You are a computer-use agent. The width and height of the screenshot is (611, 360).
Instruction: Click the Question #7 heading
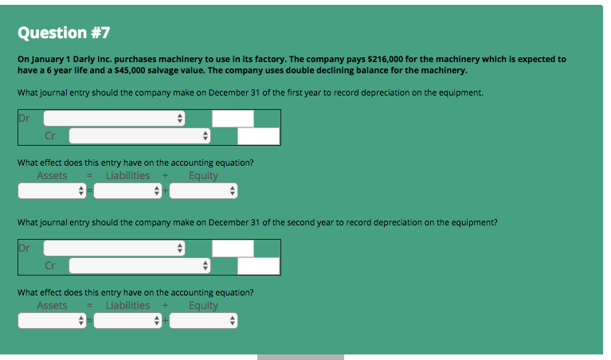tap(64, 33)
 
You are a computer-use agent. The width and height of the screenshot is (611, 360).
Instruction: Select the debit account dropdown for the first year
tap(115, 119)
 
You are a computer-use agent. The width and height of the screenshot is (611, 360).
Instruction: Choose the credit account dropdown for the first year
tap(140, 136)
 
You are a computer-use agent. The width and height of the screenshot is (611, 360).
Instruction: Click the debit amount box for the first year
tap(233, 119)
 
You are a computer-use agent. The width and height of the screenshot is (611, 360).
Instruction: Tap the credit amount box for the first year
tap(258, 136)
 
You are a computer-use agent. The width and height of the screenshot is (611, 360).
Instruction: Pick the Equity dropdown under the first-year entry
tap(203, 191)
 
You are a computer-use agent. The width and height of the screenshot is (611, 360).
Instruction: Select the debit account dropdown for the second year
tap(115, 248)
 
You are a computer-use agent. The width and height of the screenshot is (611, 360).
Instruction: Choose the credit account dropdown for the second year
tap(140, 266)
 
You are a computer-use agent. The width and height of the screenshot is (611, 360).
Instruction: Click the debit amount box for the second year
tap(233, 248)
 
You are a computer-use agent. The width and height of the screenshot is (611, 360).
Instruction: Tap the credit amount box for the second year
tap(258, 266)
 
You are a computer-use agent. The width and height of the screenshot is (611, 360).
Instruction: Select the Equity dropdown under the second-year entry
tap(203, 321)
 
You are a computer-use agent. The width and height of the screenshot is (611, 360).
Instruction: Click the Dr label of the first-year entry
tap(24, 118)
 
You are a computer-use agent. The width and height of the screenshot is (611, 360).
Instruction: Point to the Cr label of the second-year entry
tap(49, 266)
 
